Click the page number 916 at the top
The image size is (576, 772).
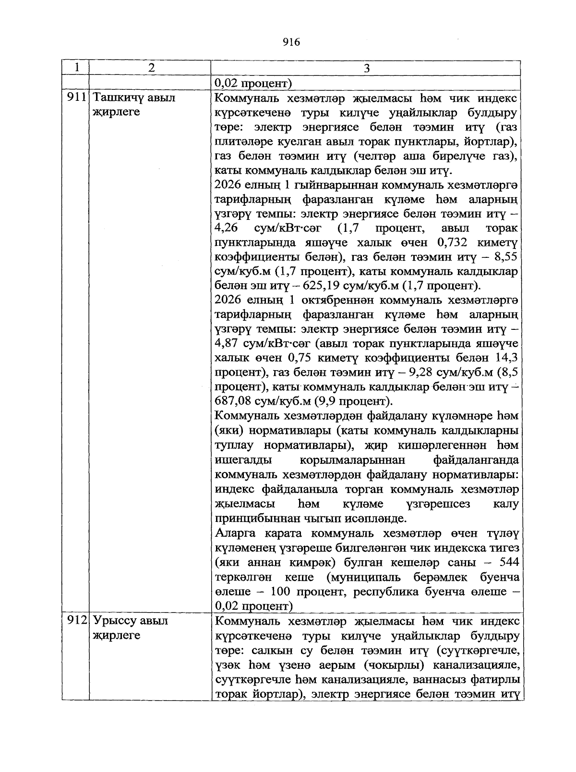pos(291,42)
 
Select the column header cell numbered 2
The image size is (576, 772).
pos(152,68)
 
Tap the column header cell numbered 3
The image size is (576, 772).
pos(366,68)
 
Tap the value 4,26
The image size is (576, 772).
pos(228,229)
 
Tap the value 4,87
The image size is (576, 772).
pos(228,344)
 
